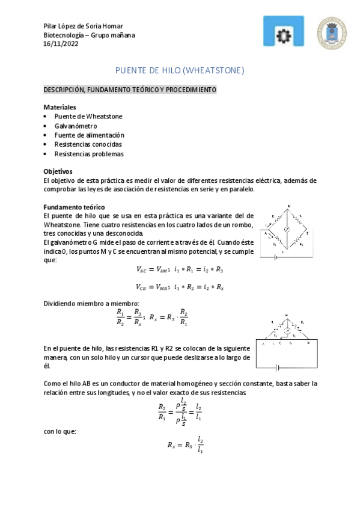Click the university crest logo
(x=332, y=33)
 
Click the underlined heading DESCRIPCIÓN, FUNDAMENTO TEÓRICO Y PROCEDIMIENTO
(x=130, y=90)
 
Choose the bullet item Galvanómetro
(x=76, y=126)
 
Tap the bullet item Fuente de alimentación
(x=89, y=135)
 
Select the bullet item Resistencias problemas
(x=89, y=154)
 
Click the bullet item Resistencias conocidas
(x=88, y=144)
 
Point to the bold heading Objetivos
(x=59, y=171)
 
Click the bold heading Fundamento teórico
(x=75, y=207)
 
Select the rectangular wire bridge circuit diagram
(x=287, y=345)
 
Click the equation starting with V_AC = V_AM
(x=180, y=269)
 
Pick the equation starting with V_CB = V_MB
(x=180, y=287)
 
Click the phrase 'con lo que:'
(x=60, y=431)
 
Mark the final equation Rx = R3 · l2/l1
(x=186, y=446)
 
